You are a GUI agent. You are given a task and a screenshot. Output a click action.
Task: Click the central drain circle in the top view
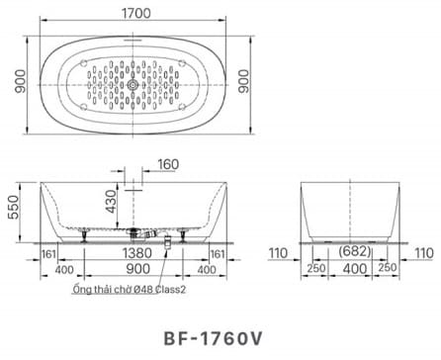(134, 87)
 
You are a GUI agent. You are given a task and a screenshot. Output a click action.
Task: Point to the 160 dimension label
(168, 164)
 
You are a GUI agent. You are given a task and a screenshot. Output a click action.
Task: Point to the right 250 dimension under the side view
(392, 269)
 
